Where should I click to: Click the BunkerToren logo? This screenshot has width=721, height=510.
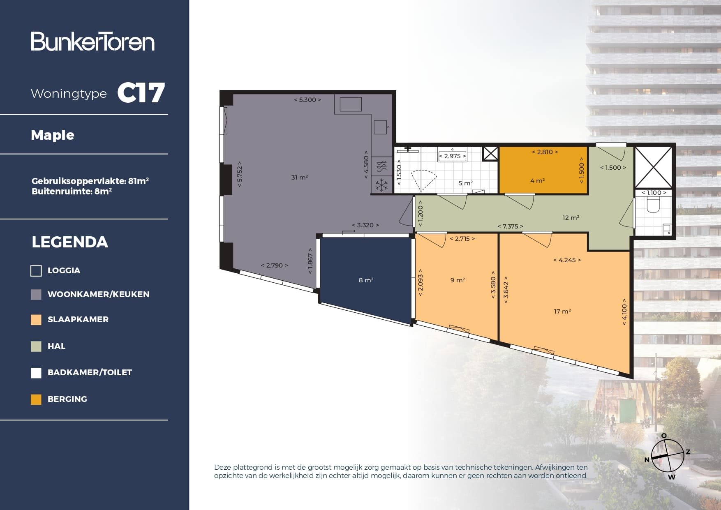pos(92,42)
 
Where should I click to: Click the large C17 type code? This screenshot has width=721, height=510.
pos(141,93)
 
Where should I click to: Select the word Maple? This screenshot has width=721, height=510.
pos(53,135)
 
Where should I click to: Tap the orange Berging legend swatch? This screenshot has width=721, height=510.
pos(36,399)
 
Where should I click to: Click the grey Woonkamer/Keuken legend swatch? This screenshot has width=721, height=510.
pos(36,294)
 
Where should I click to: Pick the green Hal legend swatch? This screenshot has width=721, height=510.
pos(36,346)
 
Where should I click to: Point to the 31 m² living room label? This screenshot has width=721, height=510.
pos(299,178)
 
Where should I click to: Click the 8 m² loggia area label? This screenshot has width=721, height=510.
pos(366,280)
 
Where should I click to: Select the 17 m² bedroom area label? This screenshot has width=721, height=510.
pos(562,312)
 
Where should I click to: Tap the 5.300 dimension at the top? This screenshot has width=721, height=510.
pos(307,100)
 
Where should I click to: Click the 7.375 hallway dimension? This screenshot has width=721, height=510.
pos(510,226)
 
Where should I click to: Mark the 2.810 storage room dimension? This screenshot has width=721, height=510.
pos(545,152)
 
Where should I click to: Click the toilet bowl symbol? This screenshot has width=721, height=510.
pos(653,205)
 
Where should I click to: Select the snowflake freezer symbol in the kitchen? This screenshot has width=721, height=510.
pos(382,185)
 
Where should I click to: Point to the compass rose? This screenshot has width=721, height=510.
pos(668,456)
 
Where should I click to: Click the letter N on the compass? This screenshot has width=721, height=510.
pos(647,459)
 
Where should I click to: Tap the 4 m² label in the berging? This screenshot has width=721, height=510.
pos(537,181)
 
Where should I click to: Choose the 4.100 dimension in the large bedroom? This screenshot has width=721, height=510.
pos(624,312)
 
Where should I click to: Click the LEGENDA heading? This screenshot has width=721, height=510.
pos(70,242)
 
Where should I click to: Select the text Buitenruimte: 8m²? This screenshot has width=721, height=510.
pos(72,191)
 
